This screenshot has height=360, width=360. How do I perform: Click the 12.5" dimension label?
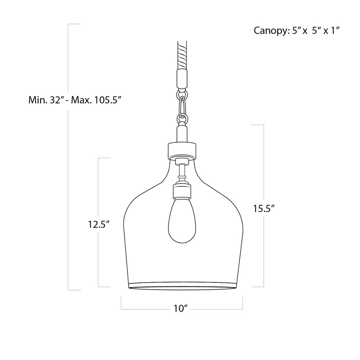[x=99, y=224]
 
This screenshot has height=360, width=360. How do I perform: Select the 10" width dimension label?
[x=181, y=308]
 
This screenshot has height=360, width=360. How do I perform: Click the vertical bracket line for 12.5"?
[x=99, y=187]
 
